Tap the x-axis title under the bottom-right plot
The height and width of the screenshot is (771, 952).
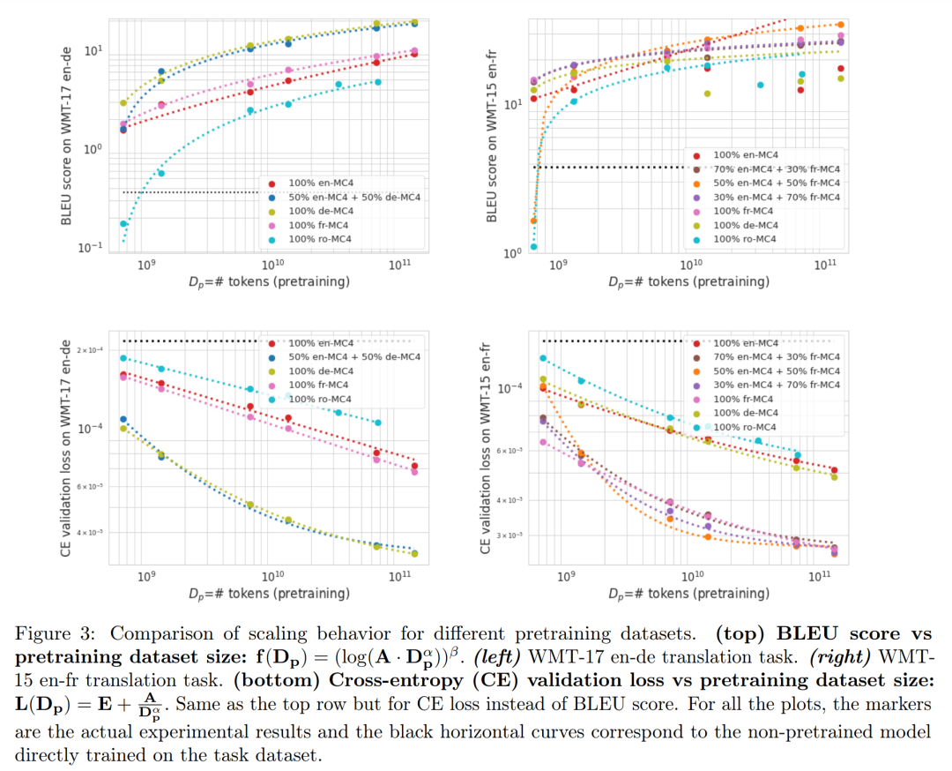coord(688,593)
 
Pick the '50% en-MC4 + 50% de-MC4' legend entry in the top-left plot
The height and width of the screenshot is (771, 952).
coord(353,197)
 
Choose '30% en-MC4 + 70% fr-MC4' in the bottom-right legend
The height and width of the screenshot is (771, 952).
coord(776,385)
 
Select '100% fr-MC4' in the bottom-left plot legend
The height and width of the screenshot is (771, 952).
coord(318,385)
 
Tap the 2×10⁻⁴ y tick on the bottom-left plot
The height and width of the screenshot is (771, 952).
coord(90,351)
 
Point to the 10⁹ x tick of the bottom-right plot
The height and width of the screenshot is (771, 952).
coord(567,575)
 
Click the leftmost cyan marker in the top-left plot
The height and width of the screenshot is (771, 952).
coord(123,224)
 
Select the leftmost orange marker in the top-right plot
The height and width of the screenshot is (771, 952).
coord(533,221)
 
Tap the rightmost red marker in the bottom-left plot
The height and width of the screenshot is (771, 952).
coord(414,467)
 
